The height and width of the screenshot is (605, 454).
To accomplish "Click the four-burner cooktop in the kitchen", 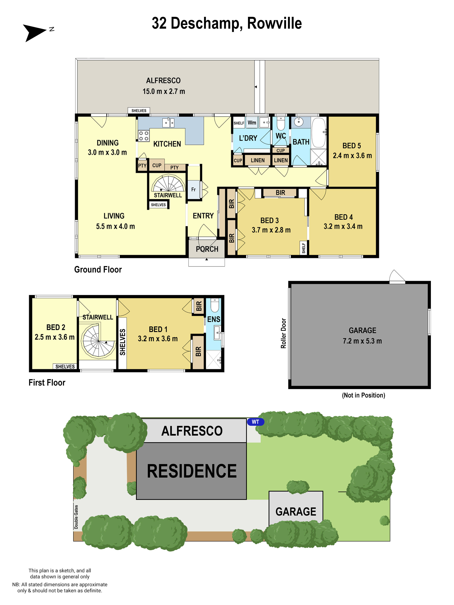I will (x=144, y=136).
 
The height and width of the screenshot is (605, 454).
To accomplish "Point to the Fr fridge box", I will (x=194, y=189).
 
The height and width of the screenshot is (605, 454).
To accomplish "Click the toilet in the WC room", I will (x=281, y=124).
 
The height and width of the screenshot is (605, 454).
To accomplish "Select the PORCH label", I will (x=207, y=249).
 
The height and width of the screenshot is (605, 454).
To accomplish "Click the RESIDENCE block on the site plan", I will (x=192, y=471).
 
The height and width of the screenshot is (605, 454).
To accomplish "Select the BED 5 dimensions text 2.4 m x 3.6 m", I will (x=352, y=156).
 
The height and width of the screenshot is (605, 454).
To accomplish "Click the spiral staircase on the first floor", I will (x=98, y=341).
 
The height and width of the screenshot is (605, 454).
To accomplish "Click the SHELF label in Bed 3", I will (x=303, y=248).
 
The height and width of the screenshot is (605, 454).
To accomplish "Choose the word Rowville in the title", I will (x=274, y=23).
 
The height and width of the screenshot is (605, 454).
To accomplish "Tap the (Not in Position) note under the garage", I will (x=363, y=395).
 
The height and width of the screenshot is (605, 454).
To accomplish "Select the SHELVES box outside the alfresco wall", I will (x=139, y=110).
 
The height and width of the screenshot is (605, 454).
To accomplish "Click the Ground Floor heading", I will (x=98, y=269).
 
